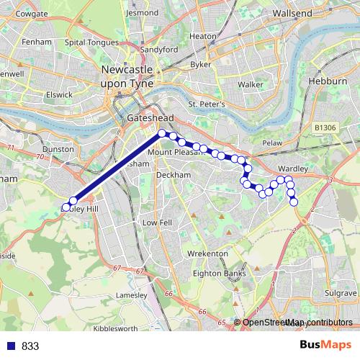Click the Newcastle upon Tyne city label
tap(132, 75)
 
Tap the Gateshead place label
tap(146, 117)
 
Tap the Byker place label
tap(201, 64)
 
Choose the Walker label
tap(250, 84)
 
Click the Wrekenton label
tap(207, 254)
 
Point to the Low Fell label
tap(156, 223)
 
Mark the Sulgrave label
tap(341, 294)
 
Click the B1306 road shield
tap(325, 127)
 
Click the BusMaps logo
tap(325, 345)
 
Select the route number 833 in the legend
tap(30, 346)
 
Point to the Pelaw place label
tap(272, 143)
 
